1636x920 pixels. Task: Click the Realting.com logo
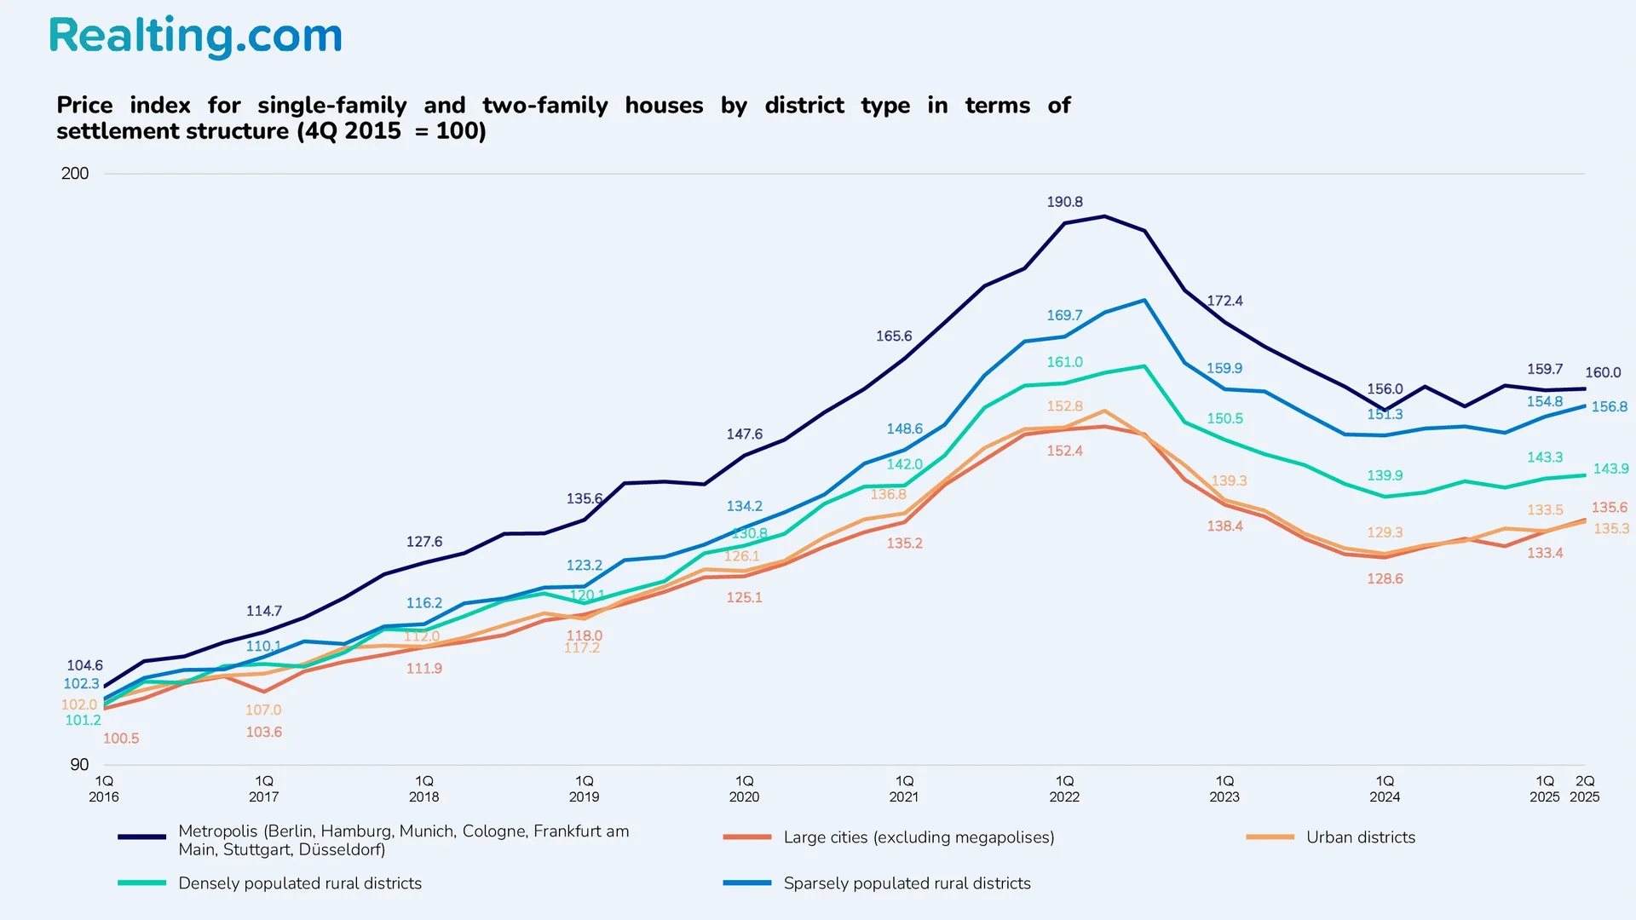coord(195,37)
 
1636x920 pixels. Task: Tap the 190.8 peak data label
coord(1064,202)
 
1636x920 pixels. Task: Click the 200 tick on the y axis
coord(75,174)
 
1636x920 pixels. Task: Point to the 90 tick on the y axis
coord(79,764)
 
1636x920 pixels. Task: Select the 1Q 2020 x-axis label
coord(744,789)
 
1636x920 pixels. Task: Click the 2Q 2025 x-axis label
coord(1584,789)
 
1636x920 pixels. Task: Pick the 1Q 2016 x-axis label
coord(104,789)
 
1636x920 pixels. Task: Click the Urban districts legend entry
coord(1360,837)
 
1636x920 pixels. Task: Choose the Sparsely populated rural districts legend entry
coord(907,883)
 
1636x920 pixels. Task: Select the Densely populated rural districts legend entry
coord(300,883)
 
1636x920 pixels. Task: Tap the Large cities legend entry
coord(919,837)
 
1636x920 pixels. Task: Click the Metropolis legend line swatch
coord(142,837)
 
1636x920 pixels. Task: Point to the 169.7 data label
coord(1064,315)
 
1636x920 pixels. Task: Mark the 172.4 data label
coord(1224,301)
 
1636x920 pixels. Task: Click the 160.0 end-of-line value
coord(1603,372)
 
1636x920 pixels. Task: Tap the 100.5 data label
coord(121,739)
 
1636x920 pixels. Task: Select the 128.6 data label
coord(1385,578)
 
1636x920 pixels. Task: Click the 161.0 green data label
coord(1064,362)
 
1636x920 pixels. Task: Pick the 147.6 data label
coord(744,434)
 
